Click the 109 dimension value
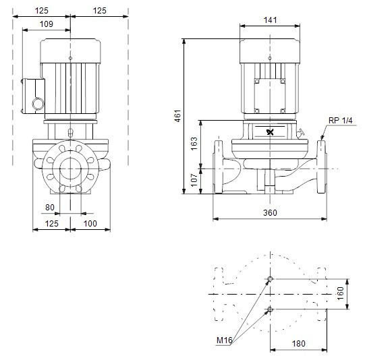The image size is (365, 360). click(x=47, y=24)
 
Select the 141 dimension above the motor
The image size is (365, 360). click(x=270, y=20)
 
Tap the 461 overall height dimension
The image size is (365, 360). click(x=177, y=116)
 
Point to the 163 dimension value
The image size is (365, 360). click(x=194, y=144)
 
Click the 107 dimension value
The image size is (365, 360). click(x=194, y=180)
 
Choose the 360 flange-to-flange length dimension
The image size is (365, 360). click(x=270, y=212)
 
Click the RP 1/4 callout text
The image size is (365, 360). click(x=340, y=120)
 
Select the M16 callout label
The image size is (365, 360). click(x=225, y=340)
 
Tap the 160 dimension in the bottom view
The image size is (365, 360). click(x=340, y=294)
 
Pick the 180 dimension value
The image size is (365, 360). click(x=298, y=343)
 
